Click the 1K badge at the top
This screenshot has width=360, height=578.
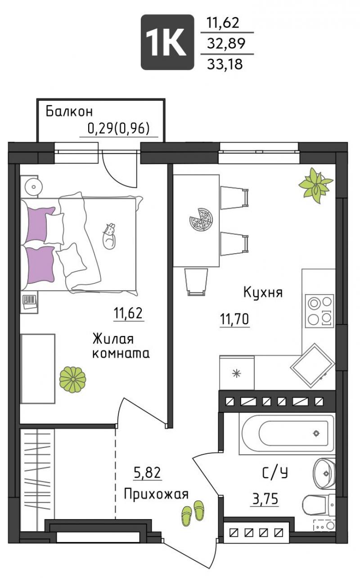pyautogui.click(x=167, y=42)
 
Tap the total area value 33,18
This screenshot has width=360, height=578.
pyautogui.click(x=225, y=64)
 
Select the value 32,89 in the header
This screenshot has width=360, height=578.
pyautogui.click(x=226, y=44)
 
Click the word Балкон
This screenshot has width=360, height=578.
pyautogui.click(x=69, y=112)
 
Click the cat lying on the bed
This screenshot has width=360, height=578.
pyautogui.click(x=109, y=236)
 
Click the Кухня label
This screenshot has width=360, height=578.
pyautogui.click(x=263, y=293)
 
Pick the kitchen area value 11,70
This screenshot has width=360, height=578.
pyautogui.click(x=234, y=319)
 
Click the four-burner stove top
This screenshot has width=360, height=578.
pyautogui.click(x=319, y=311)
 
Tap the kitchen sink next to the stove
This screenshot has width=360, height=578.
pyautogui.click(x=312, y=366)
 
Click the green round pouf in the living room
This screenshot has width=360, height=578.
pyautogui.click(x=73, y=379)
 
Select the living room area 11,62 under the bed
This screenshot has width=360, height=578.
pyautogui.click(x=129, y=313)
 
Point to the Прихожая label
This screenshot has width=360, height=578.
pyautogui.click(x=156, y=495)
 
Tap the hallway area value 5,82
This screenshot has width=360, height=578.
pyautogui.click(x=148, y=473)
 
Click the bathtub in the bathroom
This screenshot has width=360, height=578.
pyautogui.click(x=287, y=434)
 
